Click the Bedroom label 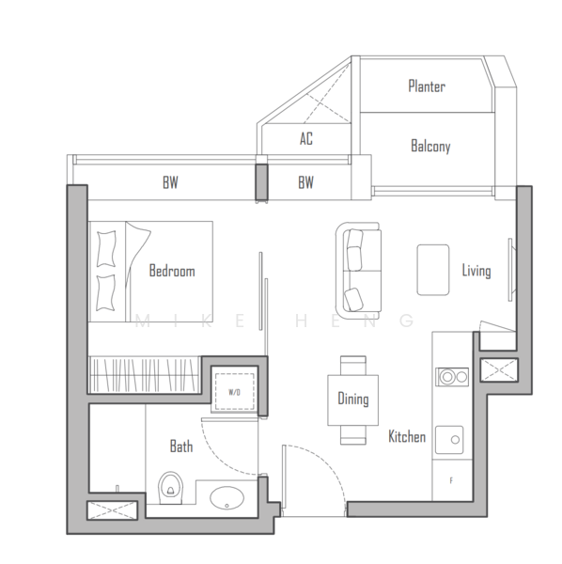(172, 271)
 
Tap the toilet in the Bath (171, 488)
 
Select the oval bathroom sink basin (226, 498)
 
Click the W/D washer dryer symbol (234, 392)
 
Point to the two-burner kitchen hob (452, 377)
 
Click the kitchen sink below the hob (449, 440)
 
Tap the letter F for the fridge (451, 480)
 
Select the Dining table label (353, 399)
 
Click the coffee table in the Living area (433, 270)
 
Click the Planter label (427, 86)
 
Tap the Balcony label (430, 146)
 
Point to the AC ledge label (306, 138)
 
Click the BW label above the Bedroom (170, 182)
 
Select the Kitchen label (407, 436)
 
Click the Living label (476, 271)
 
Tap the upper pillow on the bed (106, 249)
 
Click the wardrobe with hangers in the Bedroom (145, 375)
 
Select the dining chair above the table (353, 365)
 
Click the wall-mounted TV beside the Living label (510, 270)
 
